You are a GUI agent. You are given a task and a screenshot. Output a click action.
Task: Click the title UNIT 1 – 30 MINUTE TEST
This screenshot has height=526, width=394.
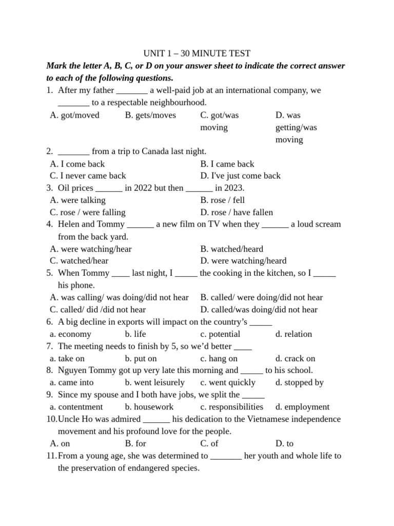196,53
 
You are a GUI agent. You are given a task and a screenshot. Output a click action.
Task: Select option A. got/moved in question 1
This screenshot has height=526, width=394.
75,115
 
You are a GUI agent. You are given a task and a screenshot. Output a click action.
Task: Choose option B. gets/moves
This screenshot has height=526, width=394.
150,115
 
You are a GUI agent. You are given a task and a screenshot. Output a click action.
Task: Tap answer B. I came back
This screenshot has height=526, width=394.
227,164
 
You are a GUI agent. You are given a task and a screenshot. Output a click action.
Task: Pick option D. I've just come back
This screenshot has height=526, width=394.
241,176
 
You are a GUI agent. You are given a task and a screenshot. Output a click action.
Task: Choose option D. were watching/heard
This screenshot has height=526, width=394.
244,261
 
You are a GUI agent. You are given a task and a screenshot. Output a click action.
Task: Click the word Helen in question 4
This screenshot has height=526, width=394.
69,224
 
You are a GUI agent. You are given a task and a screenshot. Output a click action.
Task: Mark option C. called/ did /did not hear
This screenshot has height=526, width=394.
98,310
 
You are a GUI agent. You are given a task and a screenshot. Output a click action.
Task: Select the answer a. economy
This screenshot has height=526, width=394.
71,334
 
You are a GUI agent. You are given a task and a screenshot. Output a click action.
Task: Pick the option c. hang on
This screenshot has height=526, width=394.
219,359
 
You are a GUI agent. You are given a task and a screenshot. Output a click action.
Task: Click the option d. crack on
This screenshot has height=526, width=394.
295,359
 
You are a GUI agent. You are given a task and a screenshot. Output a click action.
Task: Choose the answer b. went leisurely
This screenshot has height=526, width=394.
154,383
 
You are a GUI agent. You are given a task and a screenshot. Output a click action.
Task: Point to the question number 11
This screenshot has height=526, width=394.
51,456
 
